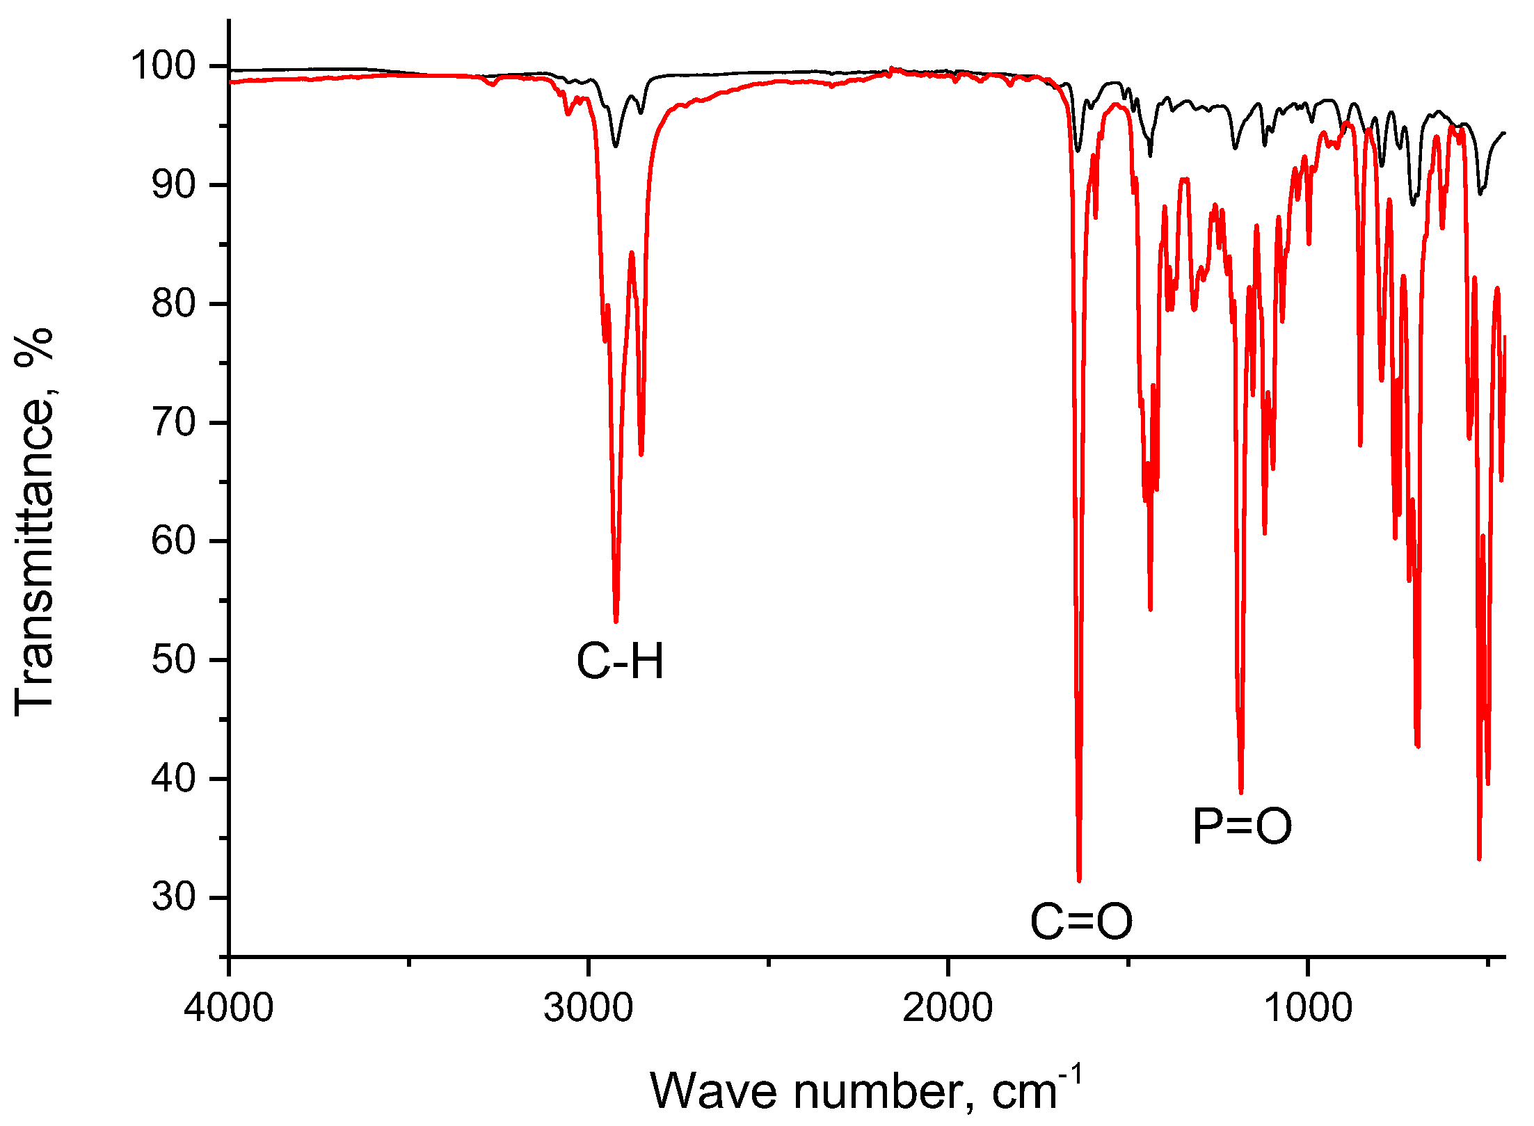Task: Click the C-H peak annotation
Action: (x=620, y=661)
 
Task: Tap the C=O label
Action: (x=1081, y=922)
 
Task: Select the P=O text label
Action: (x=1243, y=826)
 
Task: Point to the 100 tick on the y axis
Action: (x=163, y=66)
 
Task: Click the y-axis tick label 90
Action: (x=174, y=185)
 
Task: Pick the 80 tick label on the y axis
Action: (x=174, y=304)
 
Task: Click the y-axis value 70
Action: (x=174, y=423)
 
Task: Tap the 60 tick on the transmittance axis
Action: (x=174, y=541)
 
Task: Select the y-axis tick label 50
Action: (x=174, y=660)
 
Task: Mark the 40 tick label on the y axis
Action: (x=174, y=779)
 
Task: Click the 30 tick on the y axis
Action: (x=174, y=898)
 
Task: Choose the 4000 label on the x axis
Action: (x=229, y=1008)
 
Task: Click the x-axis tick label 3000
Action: (x=589, y=1008)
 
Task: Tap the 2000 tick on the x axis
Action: (x=948, y=1008)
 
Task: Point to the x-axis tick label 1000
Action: (x=1308, y=1008)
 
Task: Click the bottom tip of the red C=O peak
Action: (x=1079, y=880)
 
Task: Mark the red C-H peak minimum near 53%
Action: (x=616, y=621)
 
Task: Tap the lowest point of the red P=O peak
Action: (x=1241, y=792)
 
